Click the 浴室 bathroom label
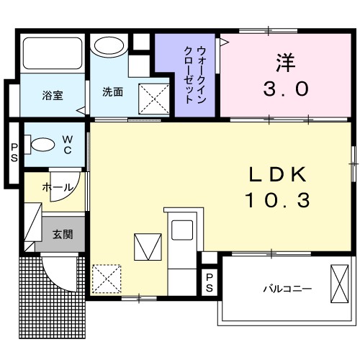(52, 94)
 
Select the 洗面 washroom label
(112, 91)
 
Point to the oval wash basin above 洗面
(109, 48)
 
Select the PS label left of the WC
(14, 150)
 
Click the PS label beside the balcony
(209, 282)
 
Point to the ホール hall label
(58, 187)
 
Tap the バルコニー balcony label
(287, 289)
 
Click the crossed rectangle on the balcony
(338, 284)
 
